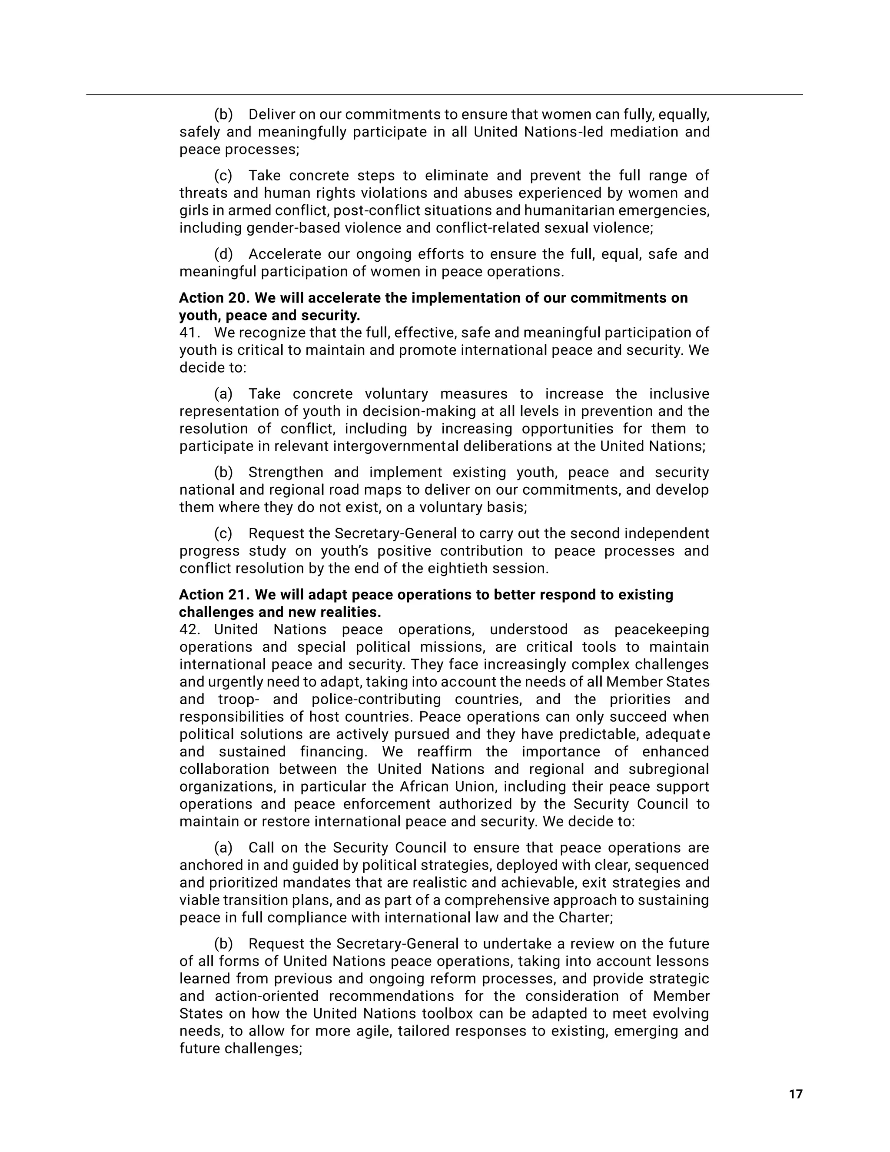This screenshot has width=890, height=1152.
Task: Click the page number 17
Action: pyautogui.click(x=795, y=1094)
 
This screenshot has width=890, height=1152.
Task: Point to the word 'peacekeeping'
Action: pyautogui.click(x=662, y=629)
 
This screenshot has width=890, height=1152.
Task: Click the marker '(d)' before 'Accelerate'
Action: pyautogui.click(x=223, y=254)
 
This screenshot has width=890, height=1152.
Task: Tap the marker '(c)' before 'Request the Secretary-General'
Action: pyautogui.click(x=223, y=533)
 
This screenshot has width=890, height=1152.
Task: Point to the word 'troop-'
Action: pyautogui.click(x=235, y=699)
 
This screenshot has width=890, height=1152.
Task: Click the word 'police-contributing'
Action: pyautogui.click(x=375, y=699)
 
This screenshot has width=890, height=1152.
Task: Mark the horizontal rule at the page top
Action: pyautogui.click(x=444, y=95)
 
